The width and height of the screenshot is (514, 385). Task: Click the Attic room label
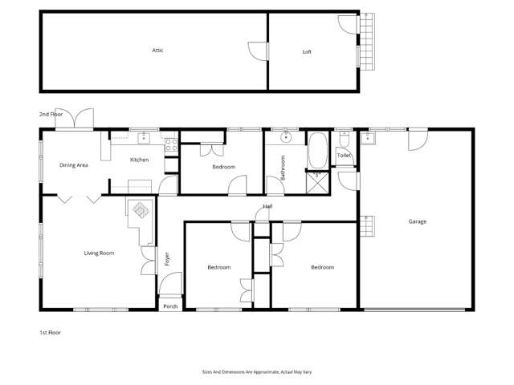pyautogui.click(x=158, y=51)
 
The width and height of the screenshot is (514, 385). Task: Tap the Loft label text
pyautogui.click(x=307, y=52)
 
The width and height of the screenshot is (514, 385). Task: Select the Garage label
pyautogui.click(x=417, y=221)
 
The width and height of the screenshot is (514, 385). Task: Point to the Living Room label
pyautogui.click(x=99, y=253)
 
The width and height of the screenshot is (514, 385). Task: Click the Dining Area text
pyautogui.click(x=73, y=165)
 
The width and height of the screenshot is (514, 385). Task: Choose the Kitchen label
pyautogui.click(x=140, y=160)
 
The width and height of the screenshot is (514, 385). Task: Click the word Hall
pyautogui.click(x=267, y=206)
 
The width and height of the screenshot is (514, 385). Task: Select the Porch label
pyautogui.click(x=170, y=306)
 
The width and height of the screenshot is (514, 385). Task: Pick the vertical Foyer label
pyautogui.click(x=167, y=258)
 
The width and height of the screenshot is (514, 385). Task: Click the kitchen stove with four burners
pyautogui.click(x=171, y=145)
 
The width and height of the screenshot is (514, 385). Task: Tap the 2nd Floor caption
pyautogui.click(x=51, y=115)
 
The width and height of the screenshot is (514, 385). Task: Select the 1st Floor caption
pyautogui.click(x=51, y=331)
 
